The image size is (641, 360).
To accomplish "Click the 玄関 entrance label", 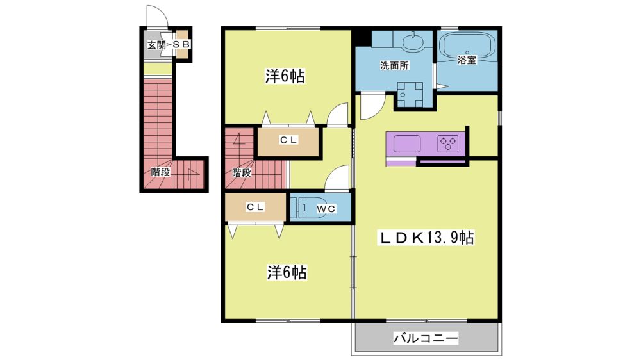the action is coord(156,45).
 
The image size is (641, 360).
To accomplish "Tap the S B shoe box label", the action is coord(180,45).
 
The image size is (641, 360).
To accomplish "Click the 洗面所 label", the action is coord(394,65).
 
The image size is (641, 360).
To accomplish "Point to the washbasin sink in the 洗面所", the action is coord(413,42).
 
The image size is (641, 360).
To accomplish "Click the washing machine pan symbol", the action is coord(410,94).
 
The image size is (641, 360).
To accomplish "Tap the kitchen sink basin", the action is coord(407,144).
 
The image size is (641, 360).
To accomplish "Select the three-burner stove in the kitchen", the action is coord(447,144).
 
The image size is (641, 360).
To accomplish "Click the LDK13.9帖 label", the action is coord(426,238).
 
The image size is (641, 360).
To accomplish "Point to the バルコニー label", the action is coord(426,338).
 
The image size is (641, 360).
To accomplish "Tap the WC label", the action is coord(326,209).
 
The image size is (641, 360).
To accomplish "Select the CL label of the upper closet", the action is coord(288,140).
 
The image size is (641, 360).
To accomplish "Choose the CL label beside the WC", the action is coord(255,207).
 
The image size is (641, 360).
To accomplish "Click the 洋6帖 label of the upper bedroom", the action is coord(285,76).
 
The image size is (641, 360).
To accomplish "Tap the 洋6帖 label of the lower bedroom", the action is coord(287,272).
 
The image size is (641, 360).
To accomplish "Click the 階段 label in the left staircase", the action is coord(160,172).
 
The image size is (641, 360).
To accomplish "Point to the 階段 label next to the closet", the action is coord(242,172).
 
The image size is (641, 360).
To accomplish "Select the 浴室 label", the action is coord(467,60).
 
